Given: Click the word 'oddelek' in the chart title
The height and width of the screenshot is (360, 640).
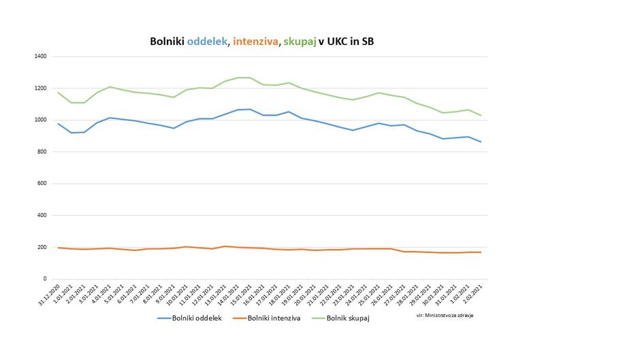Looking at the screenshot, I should [x=208, y=42].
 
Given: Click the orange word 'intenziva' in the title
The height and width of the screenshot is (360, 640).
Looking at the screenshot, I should [x=256, y=42].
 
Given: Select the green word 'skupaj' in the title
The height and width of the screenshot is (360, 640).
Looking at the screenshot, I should [x=302, y=42].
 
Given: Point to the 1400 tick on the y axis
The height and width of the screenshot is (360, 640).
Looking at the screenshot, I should [x=39, y=56].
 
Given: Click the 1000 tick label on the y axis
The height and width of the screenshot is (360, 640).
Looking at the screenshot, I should [x=39, y=120].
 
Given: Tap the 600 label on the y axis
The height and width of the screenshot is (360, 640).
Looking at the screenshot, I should [x=41, y=184].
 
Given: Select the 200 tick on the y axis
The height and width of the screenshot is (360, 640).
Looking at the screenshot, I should [x=41, y=247].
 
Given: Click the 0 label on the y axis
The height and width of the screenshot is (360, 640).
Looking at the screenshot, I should [x=44, y=279].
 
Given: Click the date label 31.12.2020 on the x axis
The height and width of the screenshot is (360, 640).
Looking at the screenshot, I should [x=49, y=293].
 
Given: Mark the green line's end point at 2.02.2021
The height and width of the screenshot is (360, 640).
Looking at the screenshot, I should [x=481, y=116].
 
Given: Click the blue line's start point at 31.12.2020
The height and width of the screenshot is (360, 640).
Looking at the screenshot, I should [x=59, y=124].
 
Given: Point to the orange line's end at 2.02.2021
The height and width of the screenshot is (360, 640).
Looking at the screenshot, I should [x=481, y=252].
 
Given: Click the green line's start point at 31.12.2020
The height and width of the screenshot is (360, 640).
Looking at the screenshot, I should [x=59, y=93].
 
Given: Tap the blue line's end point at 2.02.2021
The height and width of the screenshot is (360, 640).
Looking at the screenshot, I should [x=481, y=142].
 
